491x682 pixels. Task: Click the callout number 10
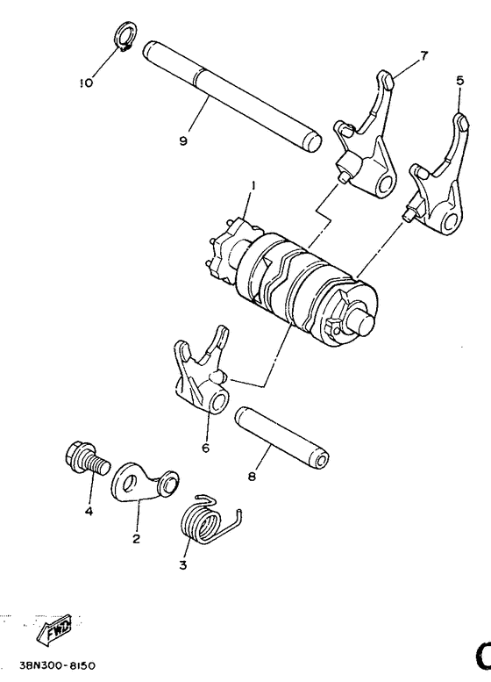point(85,83)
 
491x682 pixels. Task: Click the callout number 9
point(183,140)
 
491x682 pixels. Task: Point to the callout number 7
point(423,56)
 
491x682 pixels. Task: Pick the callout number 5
point(459,80)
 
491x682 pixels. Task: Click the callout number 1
point(253,185)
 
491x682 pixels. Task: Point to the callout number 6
point(205,447)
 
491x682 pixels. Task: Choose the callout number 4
point(89,510)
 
